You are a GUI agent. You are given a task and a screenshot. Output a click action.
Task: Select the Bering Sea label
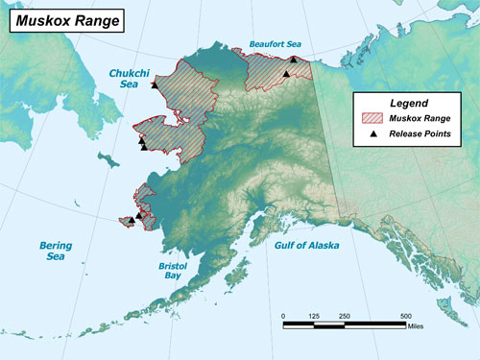click(56, 251)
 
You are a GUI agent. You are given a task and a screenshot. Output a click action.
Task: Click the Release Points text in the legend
click(418, 134)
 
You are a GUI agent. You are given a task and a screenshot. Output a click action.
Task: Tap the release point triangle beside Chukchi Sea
click(154, 85)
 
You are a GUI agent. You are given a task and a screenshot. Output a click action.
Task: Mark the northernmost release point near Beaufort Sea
click(293, 60)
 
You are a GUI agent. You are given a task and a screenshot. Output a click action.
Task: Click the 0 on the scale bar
click(283, 316)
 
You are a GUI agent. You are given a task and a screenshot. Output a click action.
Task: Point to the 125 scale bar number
click(313, 316)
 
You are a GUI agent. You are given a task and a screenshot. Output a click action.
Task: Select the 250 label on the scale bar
click(344, 316)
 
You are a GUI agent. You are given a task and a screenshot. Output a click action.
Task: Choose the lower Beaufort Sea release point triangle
click(285, 74)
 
